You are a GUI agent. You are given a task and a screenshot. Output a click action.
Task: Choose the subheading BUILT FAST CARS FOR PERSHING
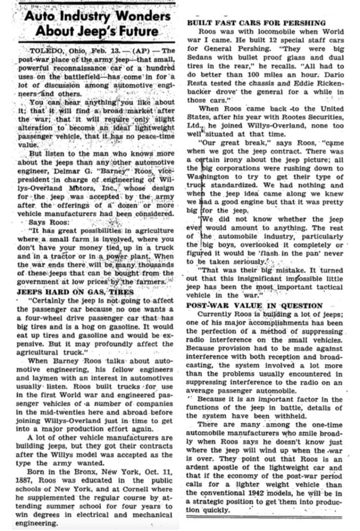coord(256,23)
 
